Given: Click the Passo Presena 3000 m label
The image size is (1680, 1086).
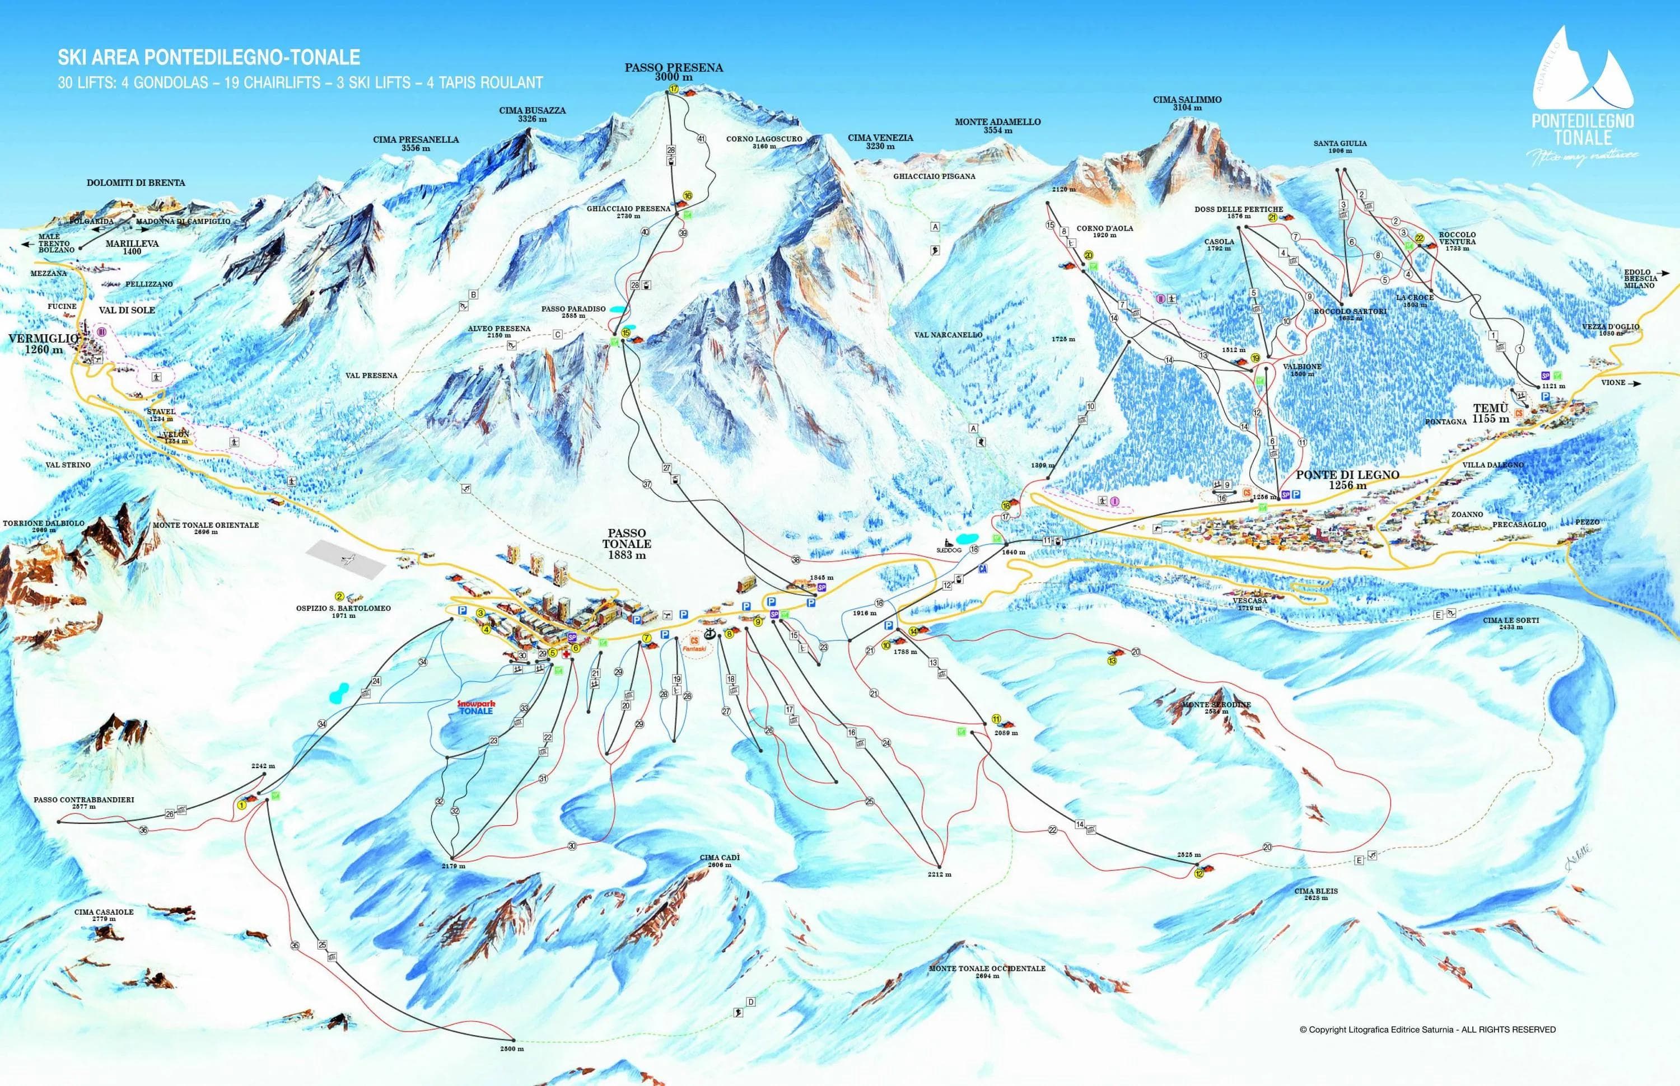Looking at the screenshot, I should click(x=674, y=72).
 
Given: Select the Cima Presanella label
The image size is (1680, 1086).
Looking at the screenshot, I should click(x=416, y=143).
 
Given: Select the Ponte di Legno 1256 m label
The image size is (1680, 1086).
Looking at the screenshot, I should click(x=1347, y=480).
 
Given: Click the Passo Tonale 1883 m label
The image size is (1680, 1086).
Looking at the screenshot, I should click(x=626, y=544).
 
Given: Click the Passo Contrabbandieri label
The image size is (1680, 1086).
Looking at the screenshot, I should click(x=83, y=803).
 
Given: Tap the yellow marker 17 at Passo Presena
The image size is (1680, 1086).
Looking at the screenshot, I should click(x=674, y=90).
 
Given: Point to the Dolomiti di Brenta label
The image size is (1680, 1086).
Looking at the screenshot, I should click(x=136, y=182).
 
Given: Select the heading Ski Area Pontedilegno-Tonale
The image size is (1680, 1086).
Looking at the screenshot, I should click(x=209, y=57).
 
